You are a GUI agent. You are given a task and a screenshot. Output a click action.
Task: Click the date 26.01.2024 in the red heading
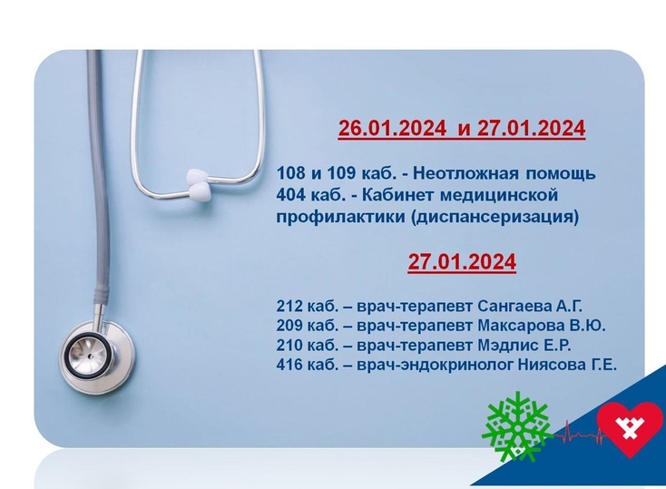pos(392,128)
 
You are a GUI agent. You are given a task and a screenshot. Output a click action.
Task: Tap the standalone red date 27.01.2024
pos(462,261)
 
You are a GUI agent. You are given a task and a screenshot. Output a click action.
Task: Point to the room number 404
pos(291,195)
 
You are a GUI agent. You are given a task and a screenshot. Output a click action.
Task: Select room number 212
pos(289,306)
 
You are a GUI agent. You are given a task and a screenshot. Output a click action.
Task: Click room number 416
pos(289,365)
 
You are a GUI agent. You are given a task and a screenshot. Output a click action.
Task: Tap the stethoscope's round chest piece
pos(97,355)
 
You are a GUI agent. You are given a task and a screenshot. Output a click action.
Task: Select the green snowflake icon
pos(517,425)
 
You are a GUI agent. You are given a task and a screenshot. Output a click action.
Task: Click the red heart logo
pos(630,427)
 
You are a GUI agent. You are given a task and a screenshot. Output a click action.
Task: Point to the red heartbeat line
pos(576,433)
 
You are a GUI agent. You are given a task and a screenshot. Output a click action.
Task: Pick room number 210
pos(289,345)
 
